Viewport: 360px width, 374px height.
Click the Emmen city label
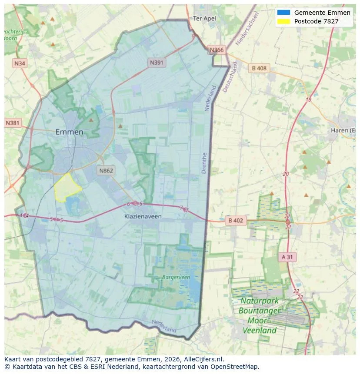[69, 132]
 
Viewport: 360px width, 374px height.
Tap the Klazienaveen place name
[143, 216]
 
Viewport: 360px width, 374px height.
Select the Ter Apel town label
[204, 18]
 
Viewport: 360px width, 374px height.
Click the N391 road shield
[157, 63]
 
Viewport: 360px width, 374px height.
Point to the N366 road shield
[217, 50]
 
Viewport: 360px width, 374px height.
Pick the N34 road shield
[20, 63]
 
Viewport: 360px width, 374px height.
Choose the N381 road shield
[13, 123]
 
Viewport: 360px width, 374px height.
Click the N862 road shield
[106, 170]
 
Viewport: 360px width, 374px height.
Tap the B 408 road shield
[259, 68]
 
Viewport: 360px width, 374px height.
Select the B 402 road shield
[235, 221]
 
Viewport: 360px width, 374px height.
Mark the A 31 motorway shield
[287, 257]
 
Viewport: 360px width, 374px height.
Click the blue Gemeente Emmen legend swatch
[283, 13]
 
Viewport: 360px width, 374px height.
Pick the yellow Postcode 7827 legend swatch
[283, 21]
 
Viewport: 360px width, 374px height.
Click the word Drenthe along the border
[204, 163]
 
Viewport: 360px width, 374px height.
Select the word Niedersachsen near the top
[247, 29]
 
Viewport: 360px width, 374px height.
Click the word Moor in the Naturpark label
[257, 321]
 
